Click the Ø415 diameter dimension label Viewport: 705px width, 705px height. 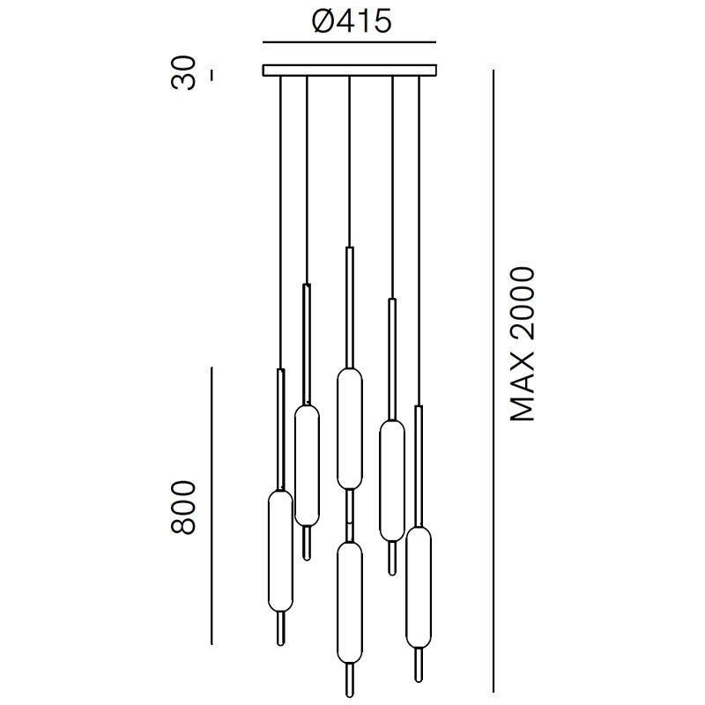[352, 21]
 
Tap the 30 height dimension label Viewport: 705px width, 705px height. [183, 73]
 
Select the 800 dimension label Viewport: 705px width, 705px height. [183, 508]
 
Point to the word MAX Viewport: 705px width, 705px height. [522, 389]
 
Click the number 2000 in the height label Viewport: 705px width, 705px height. [522, 304]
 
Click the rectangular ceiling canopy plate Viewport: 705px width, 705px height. [349, 70]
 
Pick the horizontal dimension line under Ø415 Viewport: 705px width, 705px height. [349, 42]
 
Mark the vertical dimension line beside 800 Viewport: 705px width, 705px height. [211, 506]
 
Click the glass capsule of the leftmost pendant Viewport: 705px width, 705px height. [280, 552]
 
